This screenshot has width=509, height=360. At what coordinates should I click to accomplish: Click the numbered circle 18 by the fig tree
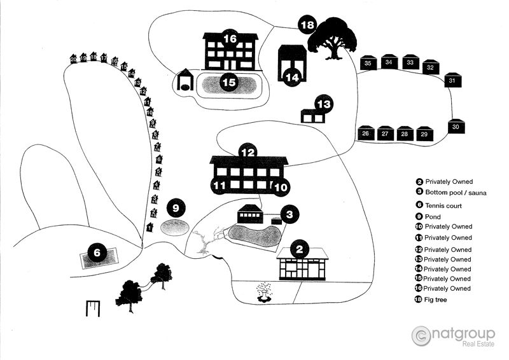click(x=307, y=25)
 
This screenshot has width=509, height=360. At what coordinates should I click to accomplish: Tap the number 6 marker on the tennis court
click(x=97, y=253)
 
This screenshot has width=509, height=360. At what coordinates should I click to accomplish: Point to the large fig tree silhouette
click(x=332, y=38)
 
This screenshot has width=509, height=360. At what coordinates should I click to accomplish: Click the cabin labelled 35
click(x=368, y=63)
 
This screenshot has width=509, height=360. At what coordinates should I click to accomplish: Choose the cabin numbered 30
click(x=456, y=127)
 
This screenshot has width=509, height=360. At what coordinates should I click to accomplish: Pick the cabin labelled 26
click(x=365, y=134)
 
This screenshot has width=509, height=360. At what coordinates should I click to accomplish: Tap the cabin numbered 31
click(x=452, y=81)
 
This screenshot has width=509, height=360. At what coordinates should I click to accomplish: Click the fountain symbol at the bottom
click(x=263, y=292)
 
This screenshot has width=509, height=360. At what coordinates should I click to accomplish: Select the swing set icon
click(x=93, y=308)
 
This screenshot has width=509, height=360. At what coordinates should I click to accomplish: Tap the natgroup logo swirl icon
click(x=421, y=335)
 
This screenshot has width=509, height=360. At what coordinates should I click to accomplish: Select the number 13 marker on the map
click(x=324, y=104)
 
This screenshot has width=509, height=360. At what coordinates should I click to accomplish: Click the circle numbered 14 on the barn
click(x=292, y=77)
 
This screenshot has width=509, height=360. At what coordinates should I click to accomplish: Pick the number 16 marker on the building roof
click(x=230, y=39)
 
